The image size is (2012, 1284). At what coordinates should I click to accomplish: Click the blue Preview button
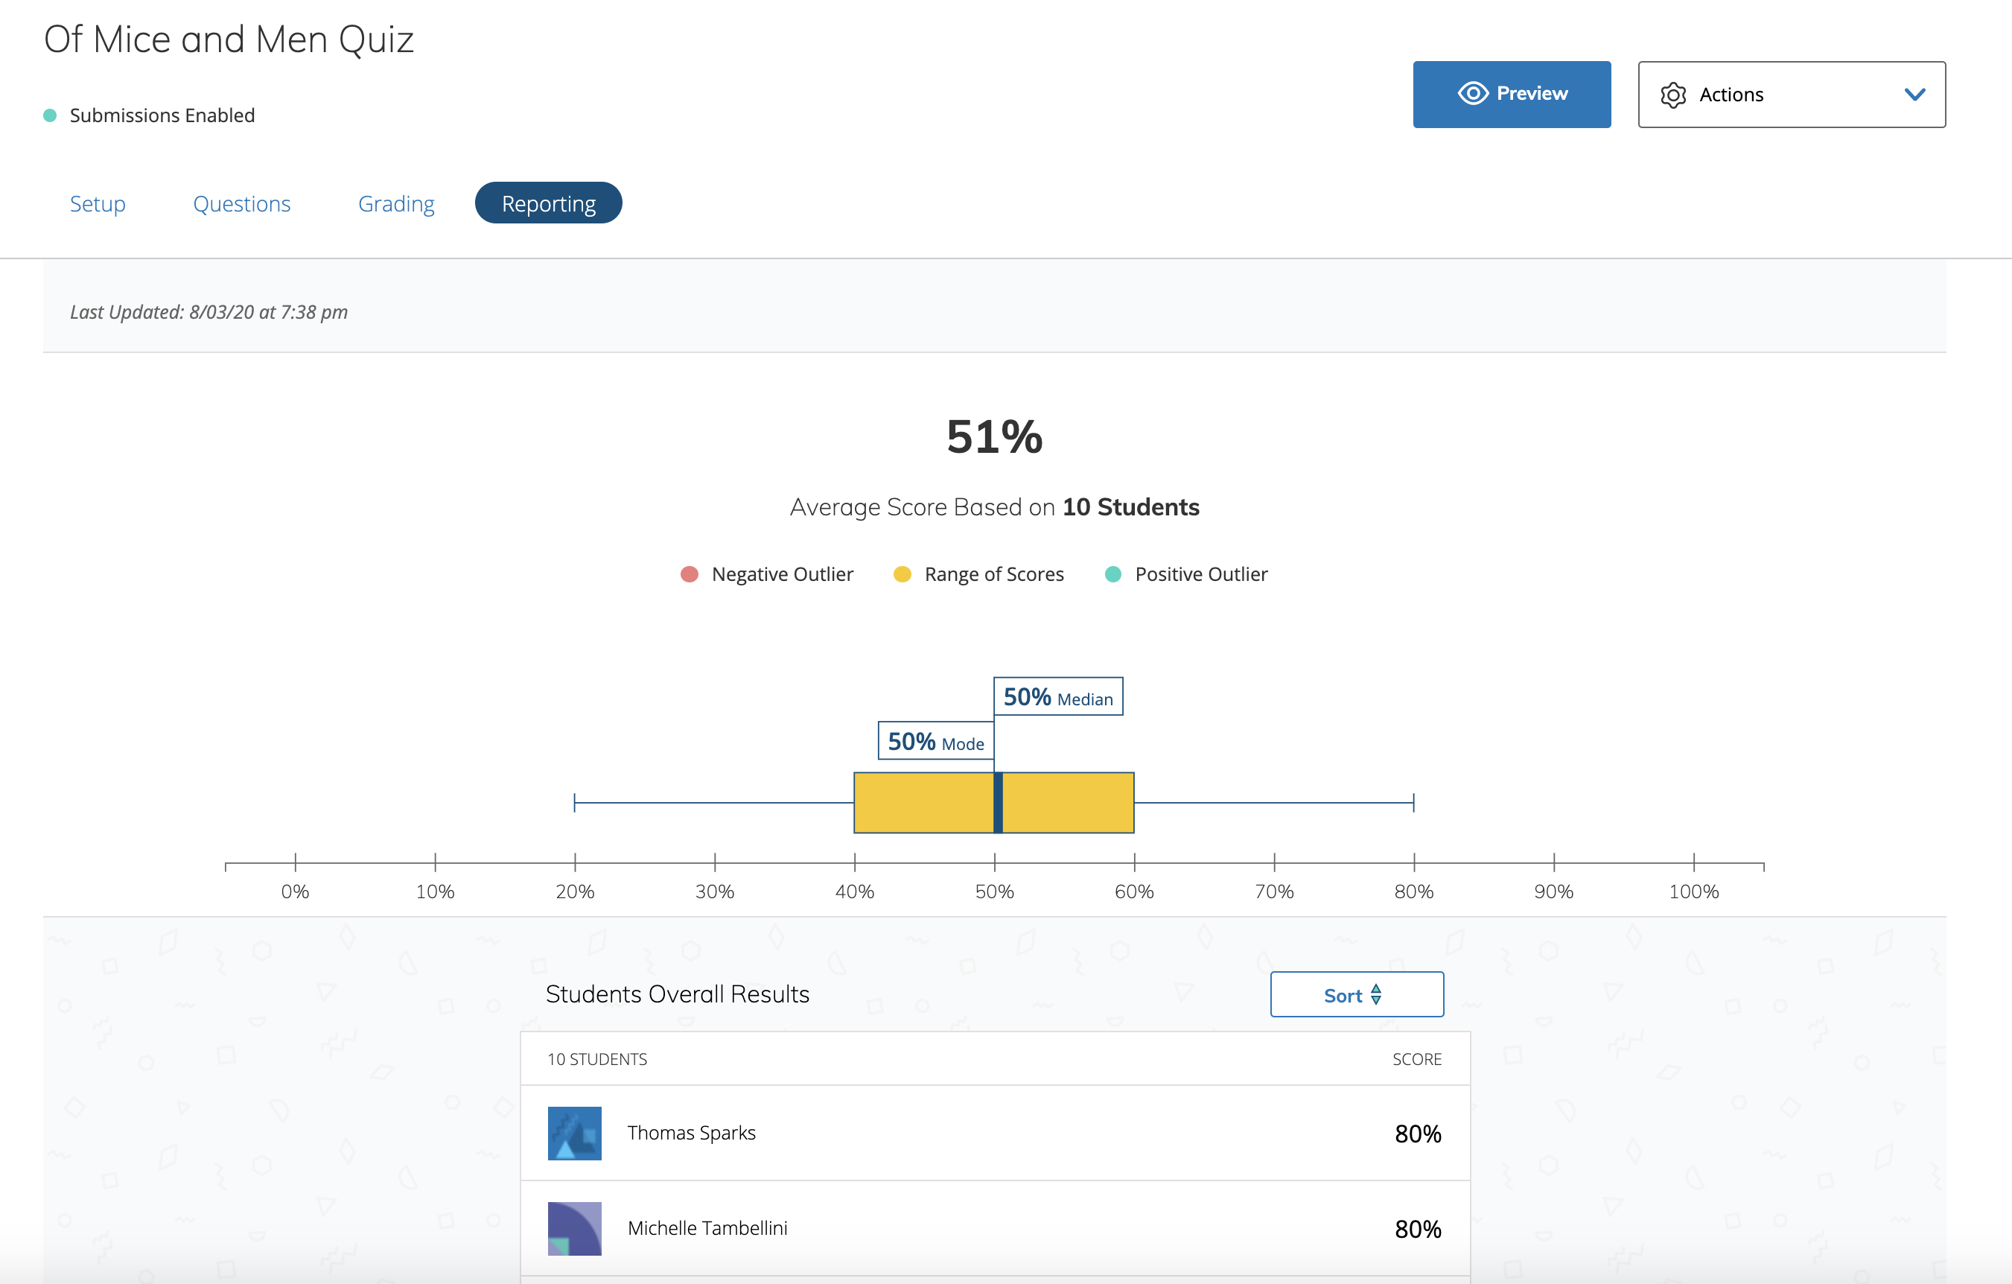(x=1511, y=94)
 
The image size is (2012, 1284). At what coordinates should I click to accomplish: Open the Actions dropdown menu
(x=1791, y=95)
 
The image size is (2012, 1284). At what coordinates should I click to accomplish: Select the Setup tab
(x=97, y=203)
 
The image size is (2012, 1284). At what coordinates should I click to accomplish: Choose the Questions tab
(x=241, y=203)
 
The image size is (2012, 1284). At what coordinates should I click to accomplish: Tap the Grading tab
(x=396, y=203)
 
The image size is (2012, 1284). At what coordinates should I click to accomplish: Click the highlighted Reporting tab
(x=548, y=203)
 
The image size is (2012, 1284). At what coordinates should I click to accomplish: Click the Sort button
(x=1356, y=994)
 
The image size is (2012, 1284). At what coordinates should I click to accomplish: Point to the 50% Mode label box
(x=935, y=742)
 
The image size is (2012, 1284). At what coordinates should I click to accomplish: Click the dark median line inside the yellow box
(x=998, y=803)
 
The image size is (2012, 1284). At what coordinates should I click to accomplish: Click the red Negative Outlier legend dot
(x=690, y=574)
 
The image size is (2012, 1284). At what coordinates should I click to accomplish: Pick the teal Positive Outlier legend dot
(x=1112, y=574)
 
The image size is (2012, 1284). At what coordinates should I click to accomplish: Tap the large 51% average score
(x=994, y=436)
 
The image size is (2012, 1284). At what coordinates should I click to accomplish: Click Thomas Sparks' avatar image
(x=574, y=1133)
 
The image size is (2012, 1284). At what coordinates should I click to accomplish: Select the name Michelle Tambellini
(x=707, y=1227)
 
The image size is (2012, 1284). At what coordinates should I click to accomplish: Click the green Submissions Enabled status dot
(x=50, y=115)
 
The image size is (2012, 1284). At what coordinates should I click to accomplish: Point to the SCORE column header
(x=1416, y=1059)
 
